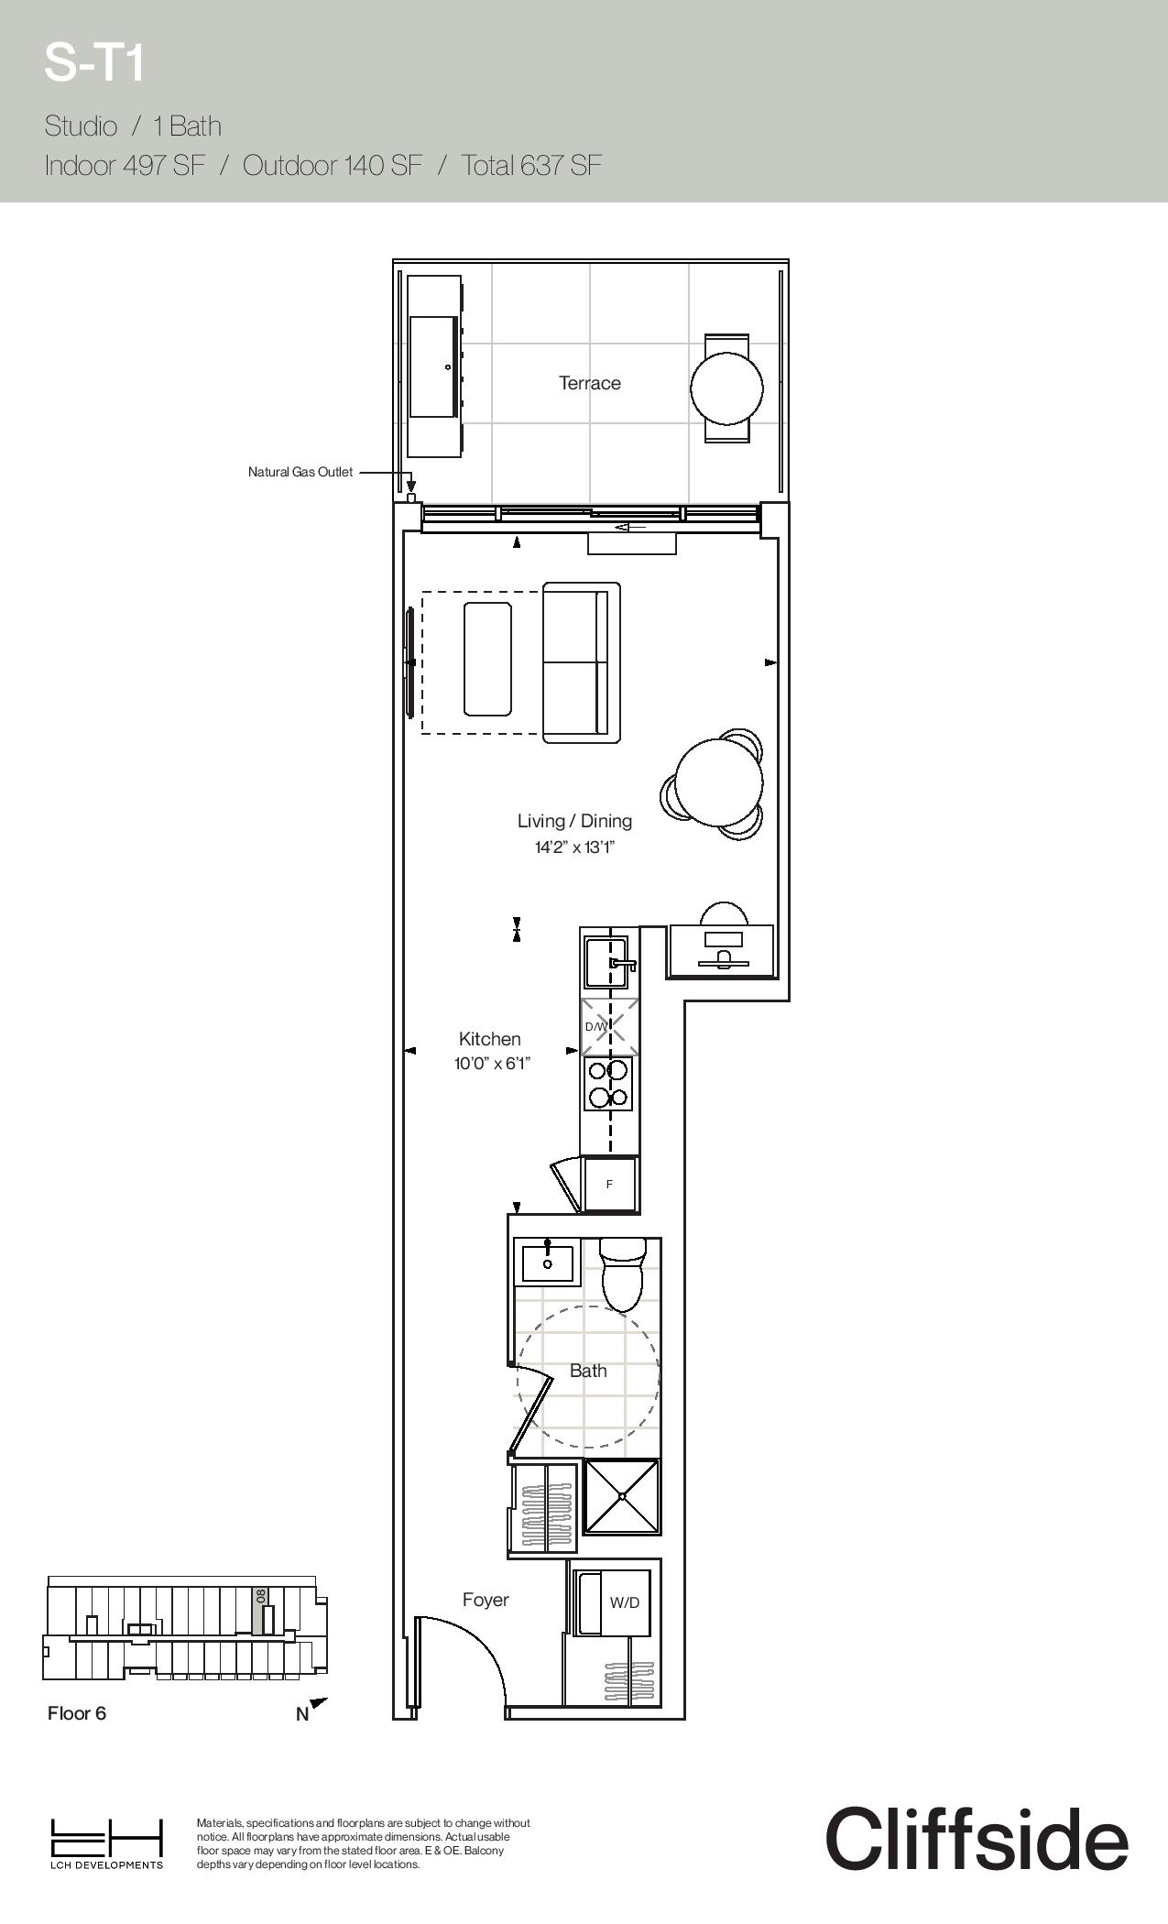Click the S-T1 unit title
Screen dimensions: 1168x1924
pyautogui.click(x=94, y=64)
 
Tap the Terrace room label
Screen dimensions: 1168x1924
pyautogui.click(x=590, y=383)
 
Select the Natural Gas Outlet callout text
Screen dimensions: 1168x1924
pyautogui.click(x=300, y=472)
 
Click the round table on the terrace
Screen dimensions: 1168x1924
pyautogui.click(x=726, y=388)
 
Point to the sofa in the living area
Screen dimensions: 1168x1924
pyautogui.click(x=581, y=662)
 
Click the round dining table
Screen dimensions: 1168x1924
pyautogui.click(x=720, y=782)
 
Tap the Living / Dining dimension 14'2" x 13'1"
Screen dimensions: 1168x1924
pyautogui.click(x=574, y=847)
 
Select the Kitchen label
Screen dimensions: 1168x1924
pyautogui.click(x=489, y=1039)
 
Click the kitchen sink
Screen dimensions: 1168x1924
pyautogui.click(x=607, y=963)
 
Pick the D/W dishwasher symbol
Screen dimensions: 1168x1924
pyautogui.click(x=609, y=1026)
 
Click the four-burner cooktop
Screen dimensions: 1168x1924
pyautogui.click(x=608, y=1084)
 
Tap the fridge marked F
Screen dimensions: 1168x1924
pyautogui.click(x=610, y=1184)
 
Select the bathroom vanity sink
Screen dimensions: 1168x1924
pyautogui.click(x=548, y=1263)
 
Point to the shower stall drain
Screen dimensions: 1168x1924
pyautogui.click(x=622, y=1496)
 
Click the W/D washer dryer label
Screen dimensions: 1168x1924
pyautogui.click(x=625, y=1602)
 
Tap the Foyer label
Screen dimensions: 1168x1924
pyautogui.click(x=486, y=1600)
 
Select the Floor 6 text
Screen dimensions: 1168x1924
pyautogui.click(x=77, y=1713)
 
